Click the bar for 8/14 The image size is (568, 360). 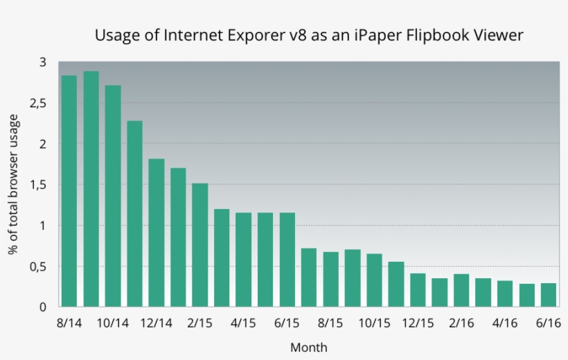coord(69,191)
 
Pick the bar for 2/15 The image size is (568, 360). coord(200,245)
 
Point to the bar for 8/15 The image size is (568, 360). coord(330,280)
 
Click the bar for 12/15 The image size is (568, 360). coord(418,290)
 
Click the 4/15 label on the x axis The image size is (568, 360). coord(243,323)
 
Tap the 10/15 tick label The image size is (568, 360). coord(374,323)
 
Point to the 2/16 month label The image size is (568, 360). coord(461,323)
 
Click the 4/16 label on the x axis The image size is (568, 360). coord(505,323)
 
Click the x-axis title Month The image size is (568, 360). coord(308,348)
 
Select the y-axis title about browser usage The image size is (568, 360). coord(13,185)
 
